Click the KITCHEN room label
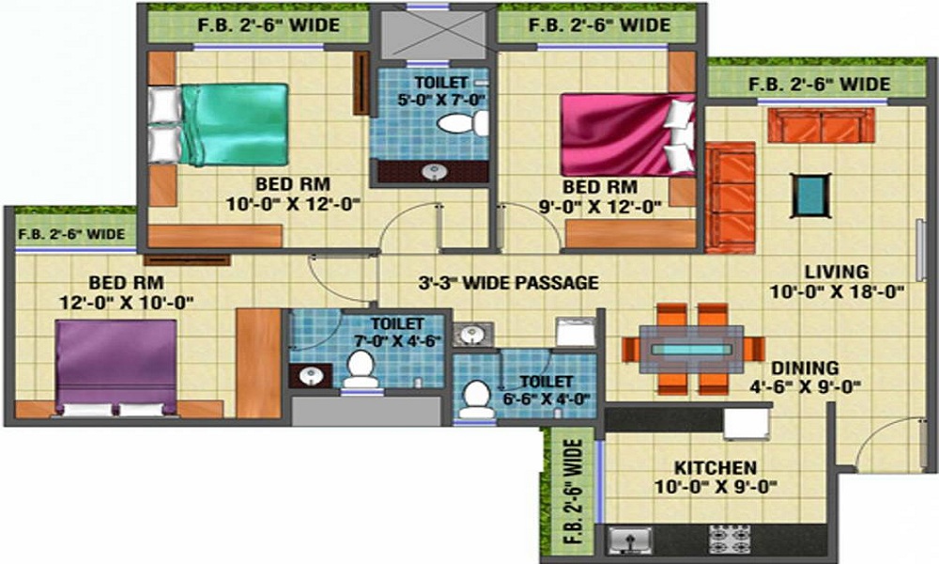[x=716, y=467]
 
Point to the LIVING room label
[x=843, y=273]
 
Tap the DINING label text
[x=807, y=368]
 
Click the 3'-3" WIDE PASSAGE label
[x=508, y=281]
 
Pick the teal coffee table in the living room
[x=808, y=194]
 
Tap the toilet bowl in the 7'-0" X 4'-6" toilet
[x=359, y=368]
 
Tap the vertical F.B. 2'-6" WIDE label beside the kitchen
[x=574, y=493]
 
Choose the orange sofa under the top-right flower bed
[x=821, y=125]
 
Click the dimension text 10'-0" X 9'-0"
[x=716, y=486]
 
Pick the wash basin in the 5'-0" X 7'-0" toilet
[x=433, y=171]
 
